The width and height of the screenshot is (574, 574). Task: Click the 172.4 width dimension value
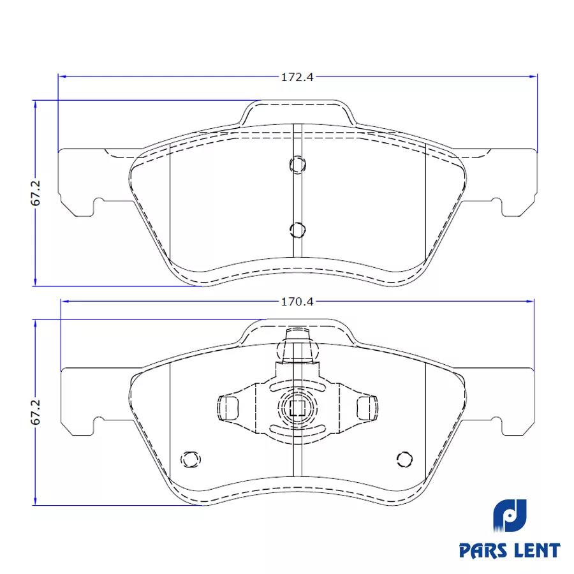(297, 77)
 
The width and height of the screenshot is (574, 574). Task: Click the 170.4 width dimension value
(297, 302)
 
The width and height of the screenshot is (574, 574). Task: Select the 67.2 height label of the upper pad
(36, 193)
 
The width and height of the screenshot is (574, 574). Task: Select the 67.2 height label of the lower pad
(36, 412)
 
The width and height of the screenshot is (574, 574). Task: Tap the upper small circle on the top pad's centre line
(298, 165)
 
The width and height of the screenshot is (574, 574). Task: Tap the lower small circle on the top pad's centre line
(298, 230)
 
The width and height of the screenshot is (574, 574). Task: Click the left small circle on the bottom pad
(191, 459)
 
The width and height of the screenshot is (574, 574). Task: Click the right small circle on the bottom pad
(404, 459)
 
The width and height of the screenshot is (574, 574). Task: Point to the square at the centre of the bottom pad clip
(297, 408)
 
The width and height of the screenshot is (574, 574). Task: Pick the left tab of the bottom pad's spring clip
(228, 408)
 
